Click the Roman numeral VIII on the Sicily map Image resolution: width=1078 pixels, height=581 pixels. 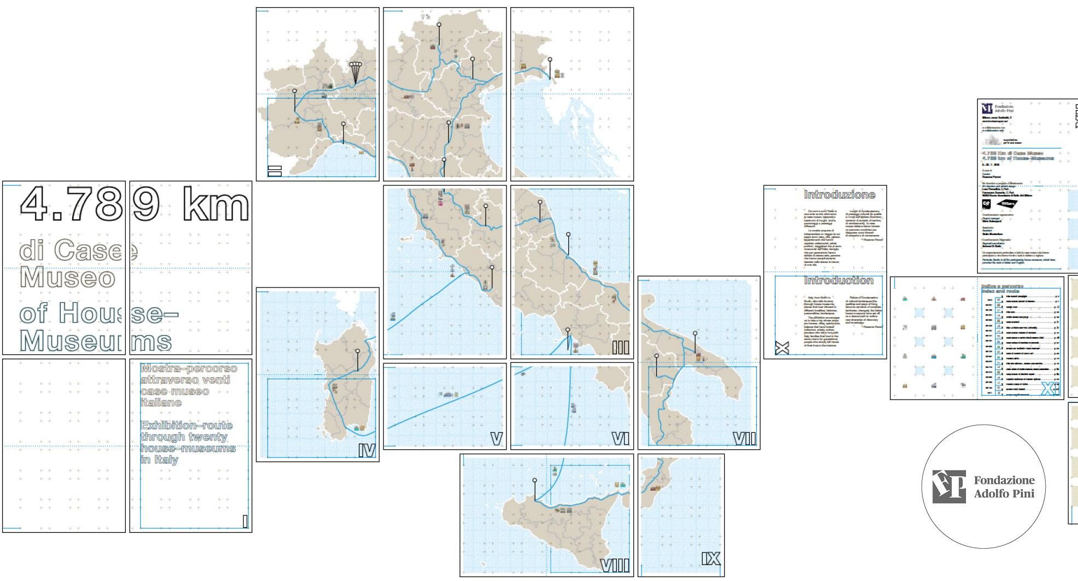point(615,566)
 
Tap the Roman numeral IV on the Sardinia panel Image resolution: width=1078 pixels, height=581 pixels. point(366,450)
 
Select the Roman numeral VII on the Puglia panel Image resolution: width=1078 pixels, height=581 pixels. point(744,439)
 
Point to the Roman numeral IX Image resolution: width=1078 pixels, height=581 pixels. point(710,559)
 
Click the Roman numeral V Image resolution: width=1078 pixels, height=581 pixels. point(496,439)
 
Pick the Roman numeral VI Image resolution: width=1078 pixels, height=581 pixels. point(620,439)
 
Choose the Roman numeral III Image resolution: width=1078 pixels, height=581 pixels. point(620,348)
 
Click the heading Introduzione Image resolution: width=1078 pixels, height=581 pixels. point(839,195)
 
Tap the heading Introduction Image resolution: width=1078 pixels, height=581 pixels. point(838,281)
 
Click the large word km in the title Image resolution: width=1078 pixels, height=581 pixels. point(215,204)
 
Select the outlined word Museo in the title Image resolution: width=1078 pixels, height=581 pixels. point(67,278)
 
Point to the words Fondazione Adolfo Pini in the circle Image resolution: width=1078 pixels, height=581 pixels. point(1004,486)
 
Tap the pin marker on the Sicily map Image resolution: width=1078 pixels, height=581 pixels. point(534,480)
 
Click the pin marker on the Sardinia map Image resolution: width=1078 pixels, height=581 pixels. point(358,351)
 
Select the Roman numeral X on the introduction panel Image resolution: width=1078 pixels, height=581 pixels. point(782,348)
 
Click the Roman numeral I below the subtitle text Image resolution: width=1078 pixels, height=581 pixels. point(245,521)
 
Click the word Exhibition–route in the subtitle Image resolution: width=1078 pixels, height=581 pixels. point(187,425)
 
